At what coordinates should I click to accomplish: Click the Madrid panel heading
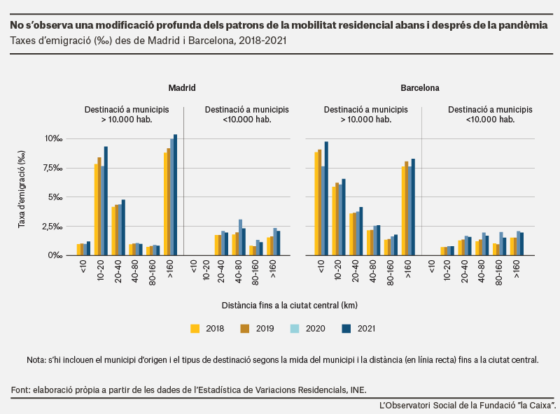point(182,88)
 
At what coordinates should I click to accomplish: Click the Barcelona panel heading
point(419,88)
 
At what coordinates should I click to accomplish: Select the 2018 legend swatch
point(195,329)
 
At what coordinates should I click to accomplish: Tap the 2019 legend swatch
point(245,329)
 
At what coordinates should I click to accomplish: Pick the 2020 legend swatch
point(295,329)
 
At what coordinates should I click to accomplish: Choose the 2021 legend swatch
point(346,329)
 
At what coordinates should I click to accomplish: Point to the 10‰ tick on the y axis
point(54,138)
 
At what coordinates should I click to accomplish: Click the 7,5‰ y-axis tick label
point(53,168)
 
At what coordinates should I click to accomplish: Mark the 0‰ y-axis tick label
point(55,255)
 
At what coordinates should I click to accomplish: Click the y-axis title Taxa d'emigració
point(22,189)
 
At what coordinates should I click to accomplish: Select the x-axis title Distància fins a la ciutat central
point(289,306)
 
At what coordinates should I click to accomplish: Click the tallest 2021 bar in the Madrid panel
point(176,195)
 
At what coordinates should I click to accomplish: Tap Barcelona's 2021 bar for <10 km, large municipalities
point(326,199)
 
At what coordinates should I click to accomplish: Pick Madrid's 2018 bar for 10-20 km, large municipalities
point(96,210)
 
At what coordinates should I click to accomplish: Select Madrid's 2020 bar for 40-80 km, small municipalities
point(241,237)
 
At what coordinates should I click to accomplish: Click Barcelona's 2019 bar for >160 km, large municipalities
point(407,208)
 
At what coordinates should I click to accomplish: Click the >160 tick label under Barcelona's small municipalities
point(517,269)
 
